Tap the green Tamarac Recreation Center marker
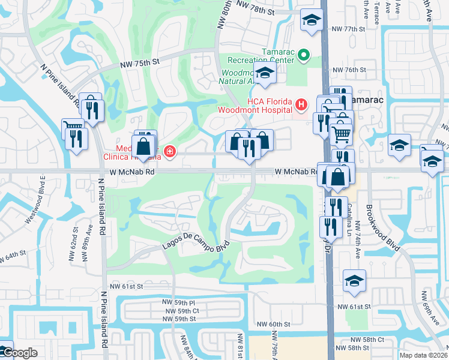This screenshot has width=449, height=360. click(303, 57)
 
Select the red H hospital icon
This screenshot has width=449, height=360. click(301, 106)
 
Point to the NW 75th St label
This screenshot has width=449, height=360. click(140, 61)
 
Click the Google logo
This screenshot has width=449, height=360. click(19, 353)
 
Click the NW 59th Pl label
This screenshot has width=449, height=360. click(179, 302)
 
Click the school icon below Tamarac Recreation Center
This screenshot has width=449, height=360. click(263, 74)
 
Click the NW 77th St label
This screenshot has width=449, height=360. click(348, 28)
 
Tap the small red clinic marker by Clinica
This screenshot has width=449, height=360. click(170, 151)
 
